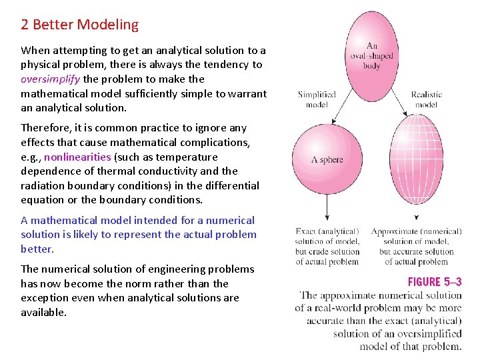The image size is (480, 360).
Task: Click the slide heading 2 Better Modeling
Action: coord(79,25)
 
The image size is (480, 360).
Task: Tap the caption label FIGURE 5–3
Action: coord(434,282)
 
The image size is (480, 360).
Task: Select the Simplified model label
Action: coord(317,99)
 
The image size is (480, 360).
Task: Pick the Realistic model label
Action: coord(426,99)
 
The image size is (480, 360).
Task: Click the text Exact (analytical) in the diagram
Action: coord(327,231)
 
